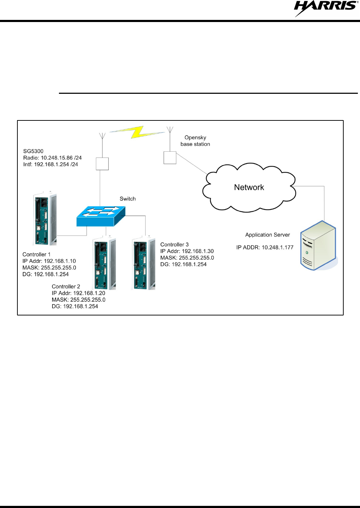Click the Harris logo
[326, 8]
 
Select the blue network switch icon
[101, 216]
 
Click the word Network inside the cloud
[249, 188]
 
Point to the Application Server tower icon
[318, 245]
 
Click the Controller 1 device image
[45, 219]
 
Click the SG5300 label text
[33, 151]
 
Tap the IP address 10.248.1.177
[278, 248]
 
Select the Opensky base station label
[195, 141]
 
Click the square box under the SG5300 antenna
[102, 164]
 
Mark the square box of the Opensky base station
[170, 158]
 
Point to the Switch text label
[127, 199]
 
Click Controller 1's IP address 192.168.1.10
[60, 261]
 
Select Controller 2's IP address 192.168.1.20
[89, 293]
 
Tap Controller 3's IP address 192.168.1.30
[198, 251]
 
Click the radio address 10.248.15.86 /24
[61, 158]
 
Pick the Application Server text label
[267, 235]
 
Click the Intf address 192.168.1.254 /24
[56, 164]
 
